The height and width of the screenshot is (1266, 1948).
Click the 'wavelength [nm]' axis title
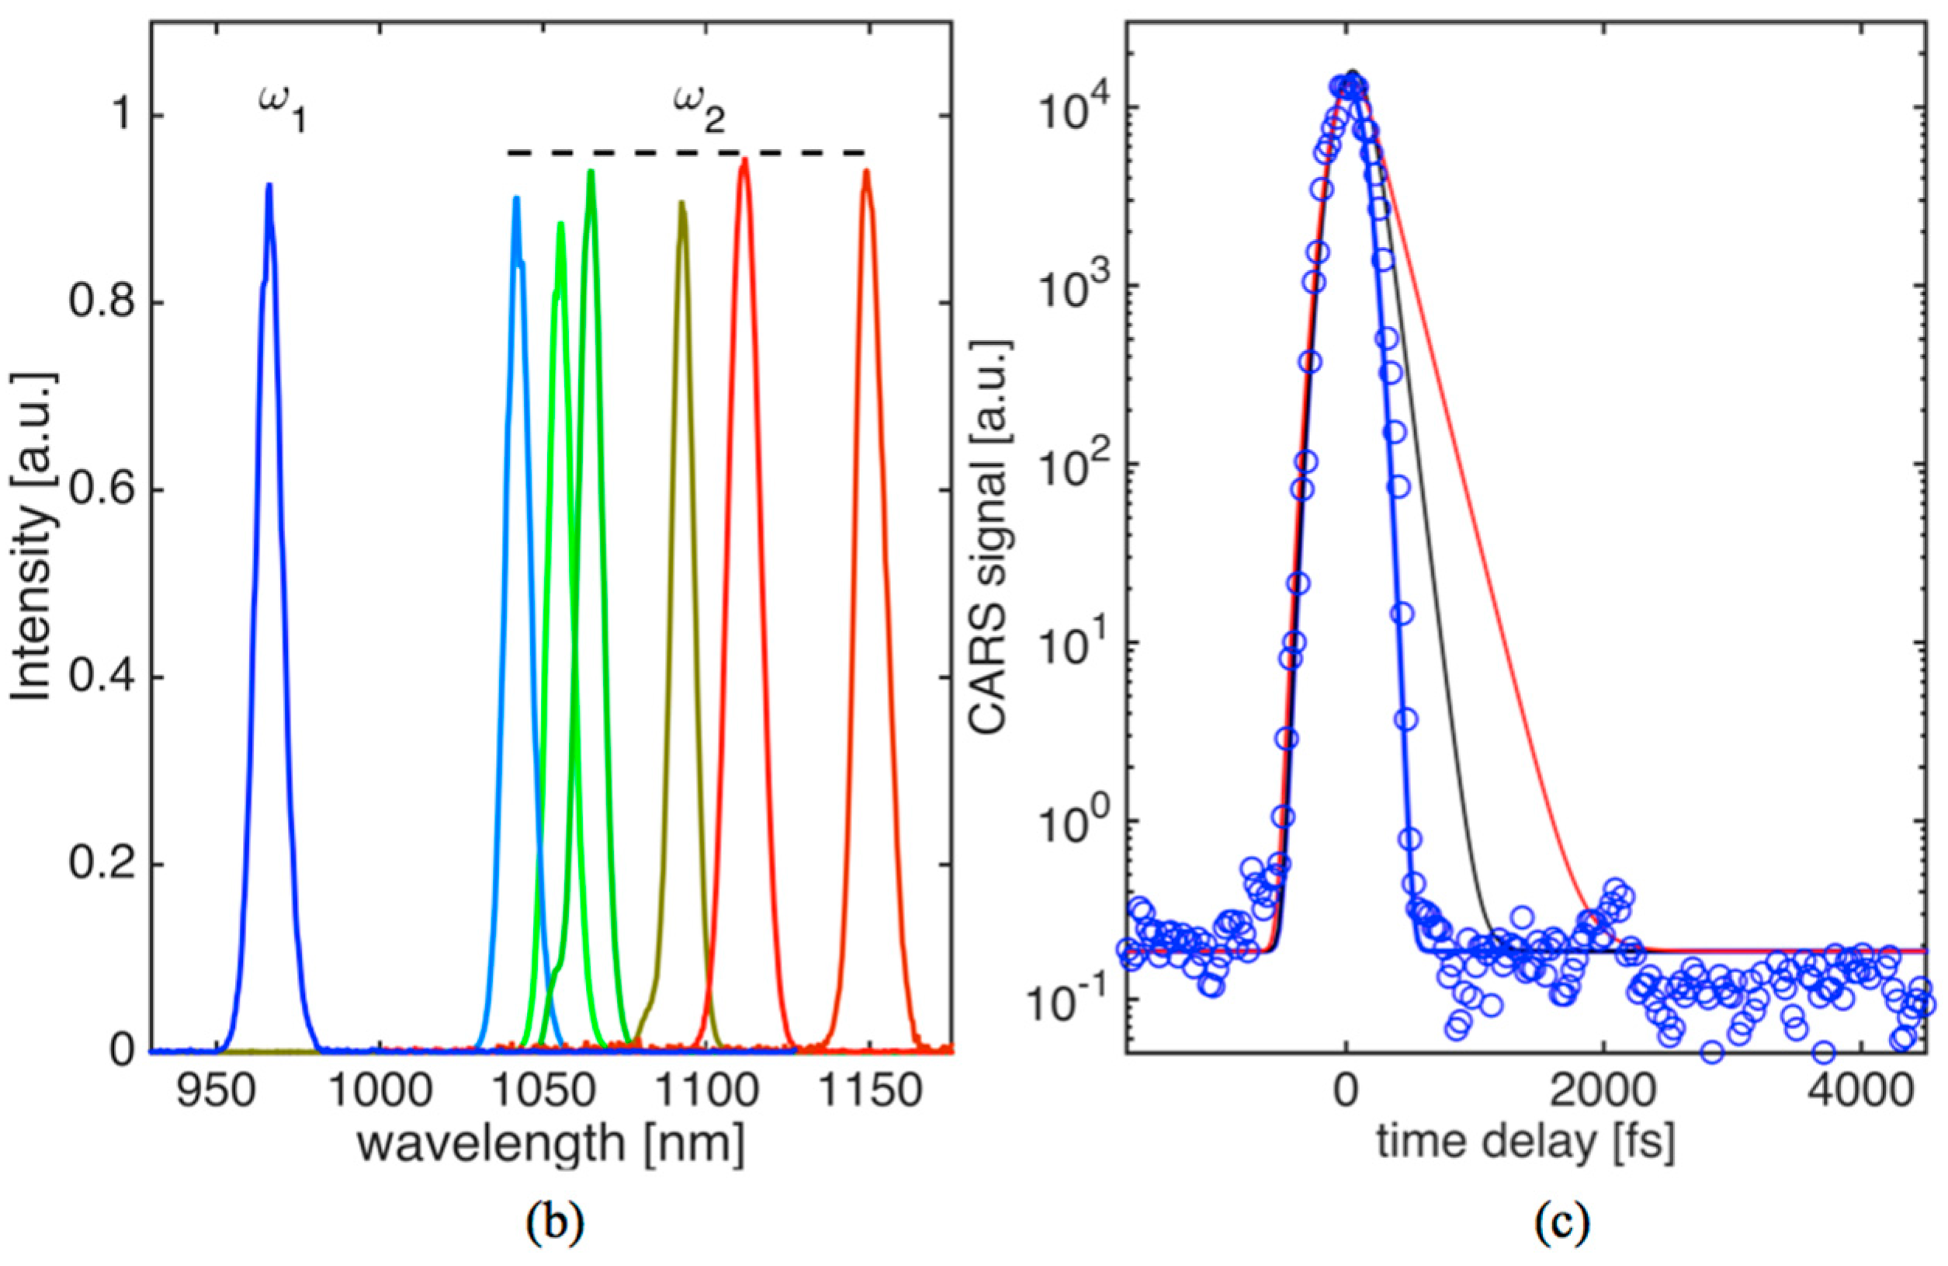point(550,1145)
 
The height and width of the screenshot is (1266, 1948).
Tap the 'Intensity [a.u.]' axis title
point(33,537)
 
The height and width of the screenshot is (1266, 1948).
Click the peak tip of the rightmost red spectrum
point(866,171)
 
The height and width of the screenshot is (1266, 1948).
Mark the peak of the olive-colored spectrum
point(681,202)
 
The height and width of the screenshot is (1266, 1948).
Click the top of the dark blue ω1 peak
point(269,185)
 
